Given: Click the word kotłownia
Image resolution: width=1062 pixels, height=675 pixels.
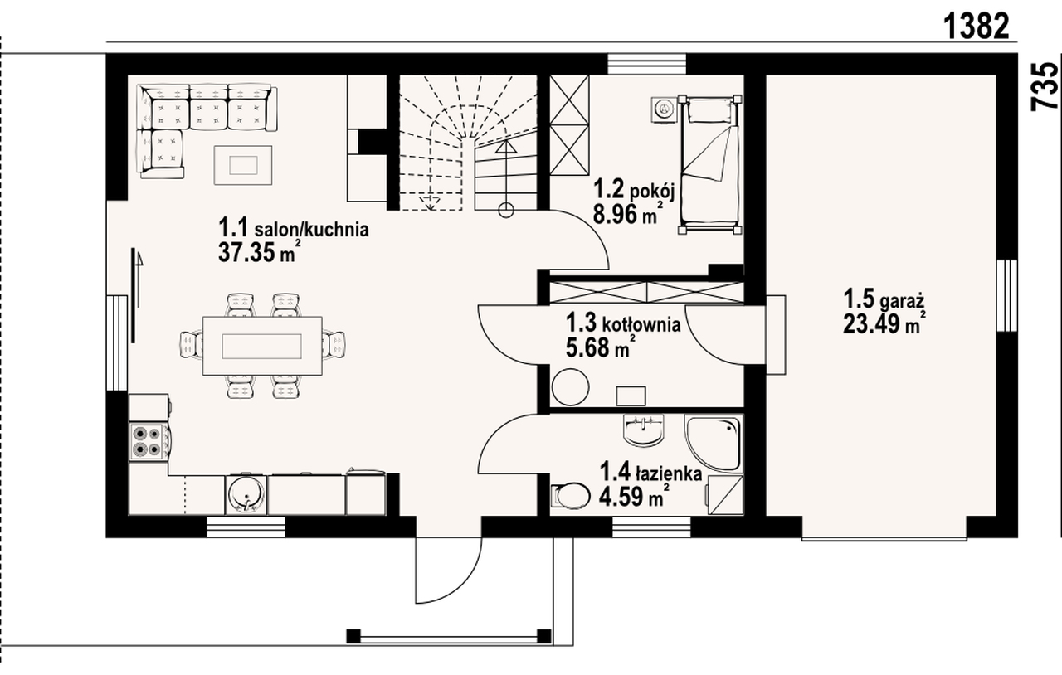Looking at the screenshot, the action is (x=641, y=324).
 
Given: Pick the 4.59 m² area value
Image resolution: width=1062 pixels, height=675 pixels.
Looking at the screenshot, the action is (x=635, y=496).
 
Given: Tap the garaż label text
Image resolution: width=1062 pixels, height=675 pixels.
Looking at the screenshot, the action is (x=902, y=301).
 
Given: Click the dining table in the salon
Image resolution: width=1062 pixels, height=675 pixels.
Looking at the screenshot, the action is (x=262, y=346).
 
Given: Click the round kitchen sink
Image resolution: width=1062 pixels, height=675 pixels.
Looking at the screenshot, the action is (x=246, y=494).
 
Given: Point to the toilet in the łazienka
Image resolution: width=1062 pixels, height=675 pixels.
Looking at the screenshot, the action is (x=570, y=496).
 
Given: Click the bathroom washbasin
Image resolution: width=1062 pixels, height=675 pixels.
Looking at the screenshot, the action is (x=644, y=430).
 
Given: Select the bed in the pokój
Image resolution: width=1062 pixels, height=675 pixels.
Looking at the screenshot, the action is (x=709, y=164).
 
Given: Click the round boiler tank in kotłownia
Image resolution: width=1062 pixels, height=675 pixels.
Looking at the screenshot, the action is (x=570, y=387).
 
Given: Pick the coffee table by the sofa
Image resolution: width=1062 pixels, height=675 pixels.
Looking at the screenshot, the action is (x=243, y=165).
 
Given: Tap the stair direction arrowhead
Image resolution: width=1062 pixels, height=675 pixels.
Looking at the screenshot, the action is (x=506, y=147).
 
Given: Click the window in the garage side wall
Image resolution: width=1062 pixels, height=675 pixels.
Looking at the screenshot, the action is (x=1007, y=295).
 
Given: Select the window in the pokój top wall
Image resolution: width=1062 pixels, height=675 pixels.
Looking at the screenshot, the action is (x=646, y=64).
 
